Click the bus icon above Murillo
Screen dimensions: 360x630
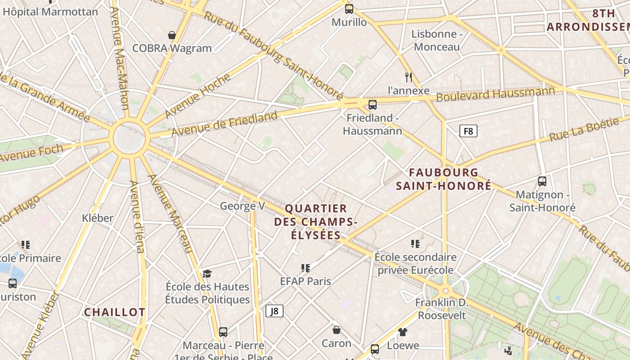pyautogui.click(x=349, y=9)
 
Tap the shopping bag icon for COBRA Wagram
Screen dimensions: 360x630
pyautogui.click(x=171, y=35)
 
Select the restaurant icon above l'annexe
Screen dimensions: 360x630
pyautogui.click(x=409, y=77)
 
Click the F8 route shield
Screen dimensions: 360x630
pyautogui.click(x=468, y=131)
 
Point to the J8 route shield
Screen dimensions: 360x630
pyautogui.click(x=274, y=310)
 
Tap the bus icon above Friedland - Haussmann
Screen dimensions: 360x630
pyautogui.click(x=372, y=105)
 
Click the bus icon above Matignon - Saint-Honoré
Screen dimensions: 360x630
pyautogui.click(x=542, y=181)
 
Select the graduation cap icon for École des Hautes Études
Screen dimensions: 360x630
pyautogui.click(x=207, y=274)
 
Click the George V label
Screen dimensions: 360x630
pyautogui.click(x=242, y=206)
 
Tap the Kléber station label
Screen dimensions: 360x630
pyautogui.click(x=98, y=218)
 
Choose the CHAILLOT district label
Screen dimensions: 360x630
pyautogui.click(x=115, y=312)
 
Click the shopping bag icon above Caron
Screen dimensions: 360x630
pyautogui.click(x=336, y=330)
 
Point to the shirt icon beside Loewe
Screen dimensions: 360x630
pyautogui.click(x=402, y=332)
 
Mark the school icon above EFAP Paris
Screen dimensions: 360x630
pyautogui.click(x=306, y=268)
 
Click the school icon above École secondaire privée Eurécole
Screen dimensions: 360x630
pyautogui.click(x=415, y=244)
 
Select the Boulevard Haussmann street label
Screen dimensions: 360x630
pyautogui.click(x=495, y=94)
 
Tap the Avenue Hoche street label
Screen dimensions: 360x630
pyautogui.click(x=198, y=96)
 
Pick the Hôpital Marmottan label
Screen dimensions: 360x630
pyautogui.click(x=50, y=12)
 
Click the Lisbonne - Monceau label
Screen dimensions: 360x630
pyautogui.click(x=437, y=40)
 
